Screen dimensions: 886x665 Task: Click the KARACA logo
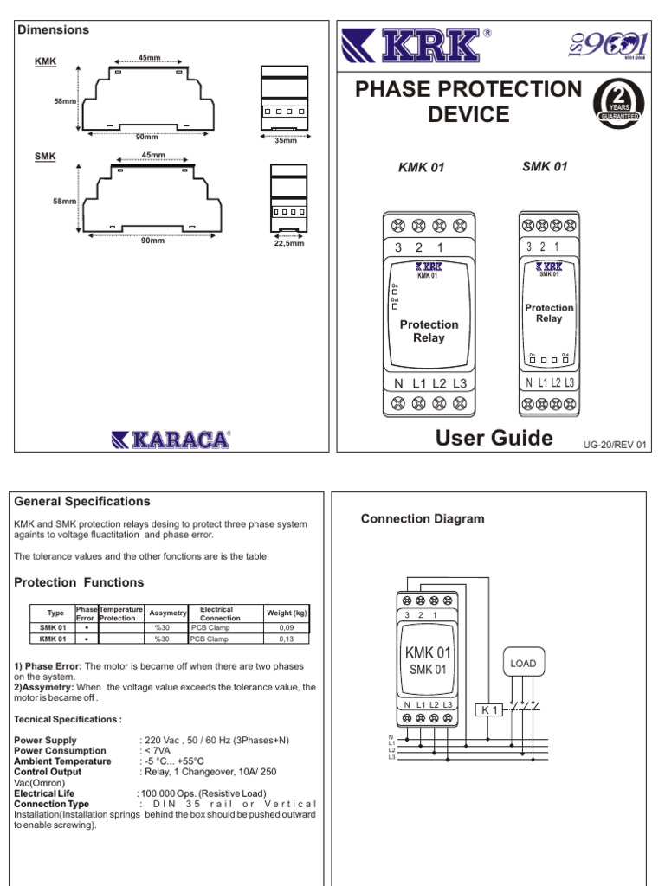pyautogui.click(x=171, y=440)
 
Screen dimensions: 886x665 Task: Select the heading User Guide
pyautogui.click(x=494, y=438)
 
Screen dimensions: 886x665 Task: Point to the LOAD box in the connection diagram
pyautogui.click(x=523, y=664)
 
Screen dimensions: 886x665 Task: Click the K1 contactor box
pyautogui.click(x=490, y=710)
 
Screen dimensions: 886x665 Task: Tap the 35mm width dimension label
pyautogui.click(x=285, y=140)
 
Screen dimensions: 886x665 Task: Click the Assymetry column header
pyautogui.click(x=168, y=613)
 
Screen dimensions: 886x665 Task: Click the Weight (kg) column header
pyautogui.click(x=286, y=613)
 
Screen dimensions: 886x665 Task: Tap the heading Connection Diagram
pyautogui.click(x=423, y=519)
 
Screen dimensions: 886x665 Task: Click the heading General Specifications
pyautogui.click(x=82, y=502)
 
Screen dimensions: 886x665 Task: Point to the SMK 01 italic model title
pyautogui.click(x=545, y=166)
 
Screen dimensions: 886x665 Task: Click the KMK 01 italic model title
pyautogui.click(x=421, y=168)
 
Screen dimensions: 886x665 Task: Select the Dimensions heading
pyautogui.click(x=53, y=30)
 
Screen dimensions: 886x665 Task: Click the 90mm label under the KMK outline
pyautogui.click(x=147, y=137)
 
